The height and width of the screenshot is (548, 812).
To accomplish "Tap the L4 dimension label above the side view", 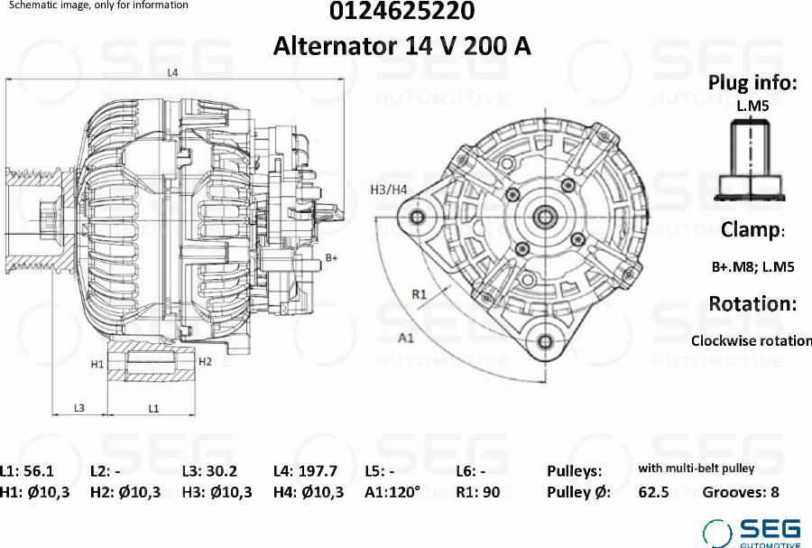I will tap(171, 72).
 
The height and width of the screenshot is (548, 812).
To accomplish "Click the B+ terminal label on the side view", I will tap(331, 258).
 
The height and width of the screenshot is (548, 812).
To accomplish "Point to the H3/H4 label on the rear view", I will tap(389, 190).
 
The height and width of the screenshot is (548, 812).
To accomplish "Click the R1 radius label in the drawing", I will tap(419, 293).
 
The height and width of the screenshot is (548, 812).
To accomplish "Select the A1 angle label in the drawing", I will tap(406, 339).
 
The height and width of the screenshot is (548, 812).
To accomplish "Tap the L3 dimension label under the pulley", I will tap(79, 408).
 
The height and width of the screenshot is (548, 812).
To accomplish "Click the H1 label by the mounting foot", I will tap(98, 363).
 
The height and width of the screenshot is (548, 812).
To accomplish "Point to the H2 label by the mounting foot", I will tap(205, 361).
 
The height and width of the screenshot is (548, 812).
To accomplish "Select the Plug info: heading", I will tap(752, 83).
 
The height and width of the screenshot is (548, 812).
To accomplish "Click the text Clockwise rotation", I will tap(751, 340).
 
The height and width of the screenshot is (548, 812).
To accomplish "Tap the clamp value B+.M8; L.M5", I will tap(752, 266).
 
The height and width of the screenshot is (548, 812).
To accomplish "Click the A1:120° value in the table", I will tap(392, 492).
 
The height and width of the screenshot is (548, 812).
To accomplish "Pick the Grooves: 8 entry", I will tap(740, 492).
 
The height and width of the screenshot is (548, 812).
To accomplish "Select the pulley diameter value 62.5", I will tap(653, 492).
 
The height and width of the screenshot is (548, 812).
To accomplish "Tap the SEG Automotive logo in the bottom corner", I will tap(752, 533).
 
